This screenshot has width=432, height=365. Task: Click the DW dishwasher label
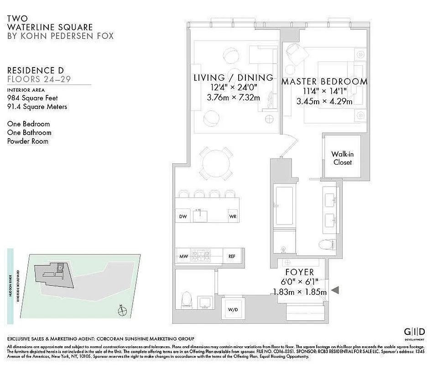(x=183, y=217)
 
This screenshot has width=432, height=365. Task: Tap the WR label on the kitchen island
(x=233, y=217)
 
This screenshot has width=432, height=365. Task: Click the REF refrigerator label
(x=232, y=256)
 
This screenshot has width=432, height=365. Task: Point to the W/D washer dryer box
(x=233, y=310)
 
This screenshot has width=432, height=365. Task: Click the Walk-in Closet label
(x=342, y=158)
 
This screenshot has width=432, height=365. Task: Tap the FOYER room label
(x=300, y=273)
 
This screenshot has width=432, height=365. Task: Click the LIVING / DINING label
(x=233, y=78)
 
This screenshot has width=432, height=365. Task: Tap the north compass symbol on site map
(x=121, y=312)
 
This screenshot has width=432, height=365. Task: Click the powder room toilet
(x=187, y=301)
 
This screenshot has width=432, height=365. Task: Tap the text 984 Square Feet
(x=32, y=98)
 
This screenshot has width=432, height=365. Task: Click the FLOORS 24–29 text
(x=39, y=79)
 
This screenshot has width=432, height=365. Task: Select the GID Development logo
(x=415, y=333)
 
